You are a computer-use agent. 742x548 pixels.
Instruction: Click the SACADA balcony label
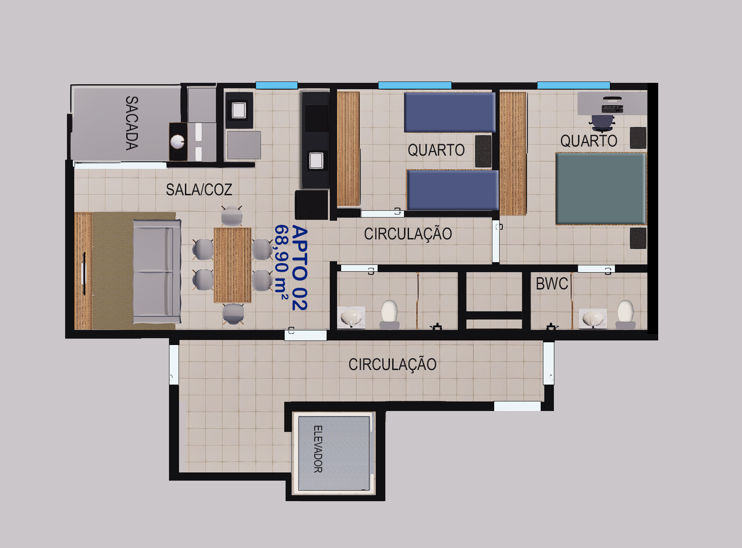(x=132, y=123)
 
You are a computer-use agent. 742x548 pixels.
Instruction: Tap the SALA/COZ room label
(x=199, y=190)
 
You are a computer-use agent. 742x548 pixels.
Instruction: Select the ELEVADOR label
(x=318, y=449)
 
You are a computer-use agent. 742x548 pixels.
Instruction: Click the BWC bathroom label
(x=552, y=284)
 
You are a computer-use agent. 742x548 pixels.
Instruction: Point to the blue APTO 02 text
(x=299, y=268)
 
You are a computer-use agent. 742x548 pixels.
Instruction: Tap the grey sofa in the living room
(x=157, y=271)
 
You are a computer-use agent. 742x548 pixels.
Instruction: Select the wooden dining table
(x=232, y=265)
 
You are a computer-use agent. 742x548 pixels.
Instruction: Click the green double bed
(x=601, y=188)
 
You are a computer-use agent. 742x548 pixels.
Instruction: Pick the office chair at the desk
(x=602, y=123)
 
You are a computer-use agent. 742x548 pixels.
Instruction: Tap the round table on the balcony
(x=177, y=142)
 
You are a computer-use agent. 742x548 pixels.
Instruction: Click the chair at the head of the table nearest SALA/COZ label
(x=231, y=216)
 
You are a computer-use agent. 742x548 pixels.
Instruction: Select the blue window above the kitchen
(x=276, y=85)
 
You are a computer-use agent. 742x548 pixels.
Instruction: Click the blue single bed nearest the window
(x=450, y=112)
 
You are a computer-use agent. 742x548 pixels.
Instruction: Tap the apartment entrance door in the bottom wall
(x=306, y=335)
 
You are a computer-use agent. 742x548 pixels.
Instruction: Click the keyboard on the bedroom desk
(x=612, y=109)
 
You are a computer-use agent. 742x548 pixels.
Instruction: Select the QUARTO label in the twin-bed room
(x=436, y=150)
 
